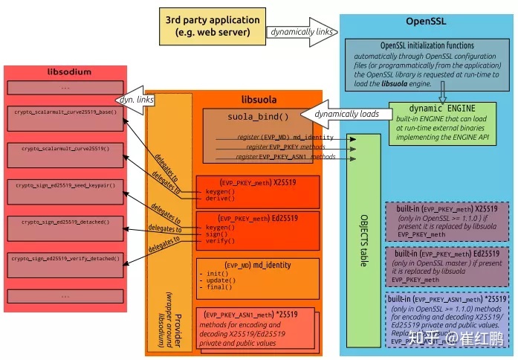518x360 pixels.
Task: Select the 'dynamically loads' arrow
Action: (x=345, y=115)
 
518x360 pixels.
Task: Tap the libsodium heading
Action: (x=65, y=72)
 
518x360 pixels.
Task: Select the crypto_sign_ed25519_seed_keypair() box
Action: (x=65, y=191)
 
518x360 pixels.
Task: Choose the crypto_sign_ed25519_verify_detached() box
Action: (x=65, y=264)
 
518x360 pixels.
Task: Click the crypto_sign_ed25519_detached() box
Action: (x=65, y=228)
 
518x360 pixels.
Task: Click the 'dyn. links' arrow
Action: (x=133, y=100)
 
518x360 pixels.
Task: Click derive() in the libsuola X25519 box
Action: (x=219, y=199)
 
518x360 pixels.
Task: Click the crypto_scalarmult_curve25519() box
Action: (x=65, y=155)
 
